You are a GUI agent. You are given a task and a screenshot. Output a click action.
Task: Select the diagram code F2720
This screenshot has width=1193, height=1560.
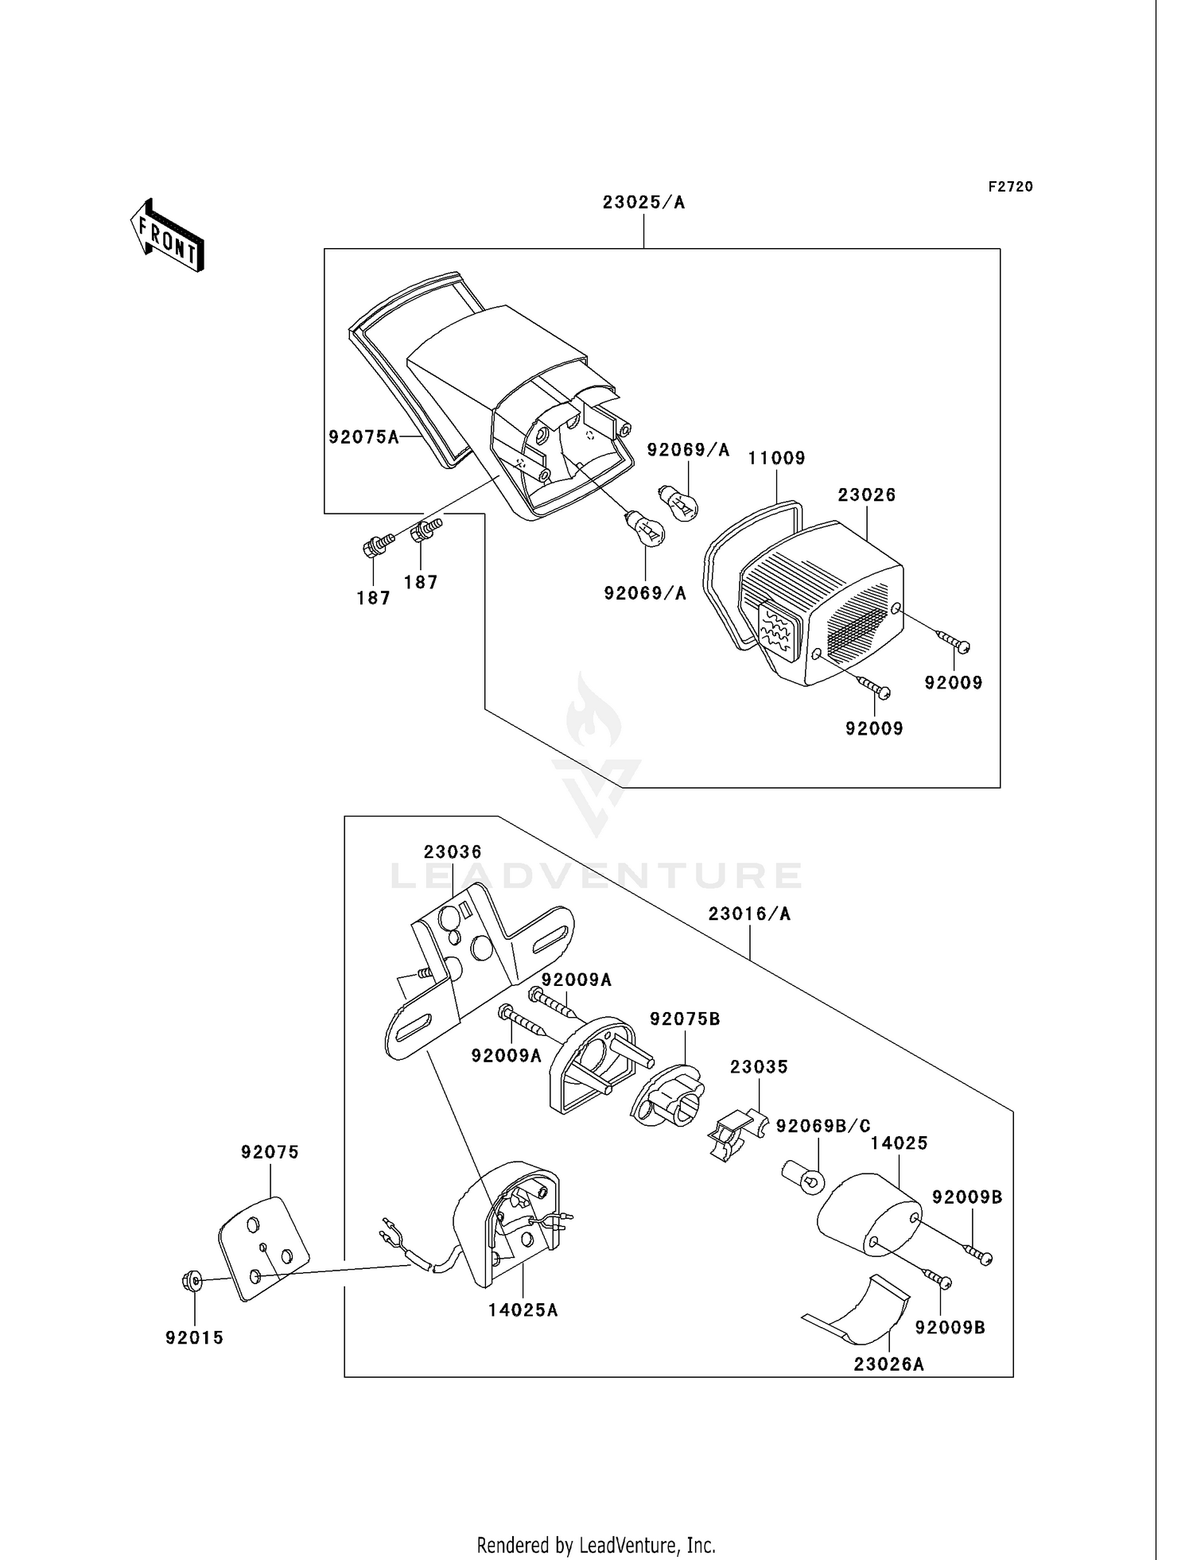tap(1011, 187)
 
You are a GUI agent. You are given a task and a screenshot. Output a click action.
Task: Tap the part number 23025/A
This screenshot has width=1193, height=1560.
tap(643, 202)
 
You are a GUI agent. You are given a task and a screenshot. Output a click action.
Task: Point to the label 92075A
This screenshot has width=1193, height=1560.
tap(364, 437)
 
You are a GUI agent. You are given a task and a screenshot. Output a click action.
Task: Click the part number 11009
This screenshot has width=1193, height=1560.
tap(777, 458)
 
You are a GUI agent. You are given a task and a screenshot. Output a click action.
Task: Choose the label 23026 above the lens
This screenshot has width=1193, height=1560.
tap(867, 495)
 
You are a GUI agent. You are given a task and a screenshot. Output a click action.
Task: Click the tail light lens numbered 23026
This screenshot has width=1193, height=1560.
tap(822, 602)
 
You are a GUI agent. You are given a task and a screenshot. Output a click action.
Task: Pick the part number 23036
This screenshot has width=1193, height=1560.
tap(453, 852)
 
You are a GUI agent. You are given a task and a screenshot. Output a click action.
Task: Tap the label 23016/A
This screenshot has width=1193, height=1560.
tap(750, 914)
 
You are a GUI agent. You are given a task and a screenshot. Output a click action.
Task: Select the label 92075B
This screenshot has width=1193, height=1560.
tap(686, 1019)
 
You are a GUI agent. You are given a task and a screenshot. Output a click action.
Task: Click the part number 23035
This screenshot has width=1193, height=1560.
tap(759, 1067)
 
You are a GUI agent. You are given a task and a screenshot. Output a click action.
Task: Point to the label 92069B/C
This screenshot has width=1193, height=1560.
tap(823, 1126)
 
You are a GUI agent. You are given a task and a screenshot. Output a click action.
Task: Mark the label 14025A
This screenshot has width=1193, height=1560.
tap(523, 1310)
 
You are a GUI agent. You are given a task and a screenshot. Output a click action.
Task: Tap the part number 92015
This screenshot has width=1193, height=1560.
tap(195, 1338)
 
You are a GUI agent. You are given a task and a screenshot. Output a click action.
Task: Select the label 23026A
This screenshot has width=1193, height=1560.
tap(889, 1364)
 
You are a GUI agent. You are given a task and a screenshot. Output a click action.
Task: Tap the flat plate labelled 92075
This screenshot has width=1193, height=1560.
tap(263, 1249)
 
